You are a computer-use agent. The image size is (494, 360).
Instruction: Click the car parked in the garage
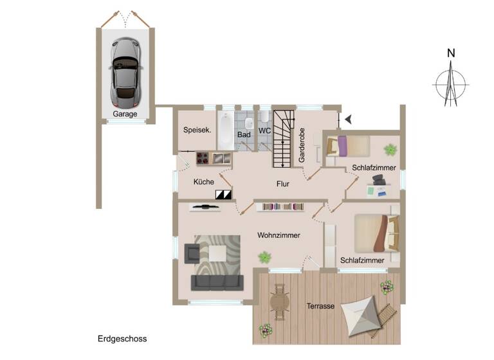coord(124,71)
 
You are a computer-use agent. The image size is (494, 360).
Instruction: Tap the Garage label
coord(125,114)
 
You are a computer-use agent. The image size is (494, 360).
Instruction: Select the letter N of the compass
coord(452,53)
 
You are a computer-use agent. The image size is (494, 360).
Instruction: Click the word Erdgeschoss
coord(122,338)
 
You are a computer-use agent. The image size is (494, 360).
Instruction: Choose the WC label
coord(265,130)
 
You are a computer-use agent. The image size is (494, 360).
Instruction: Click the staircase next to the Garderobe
coord(283,138)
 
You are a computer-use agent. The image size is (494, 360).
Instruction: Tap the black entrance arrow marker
coord(348,119)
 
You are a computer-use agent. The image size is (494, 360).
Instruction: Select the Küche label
coord(203,182)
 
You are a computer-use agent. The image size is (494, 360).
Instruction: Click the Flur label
coord(282,184)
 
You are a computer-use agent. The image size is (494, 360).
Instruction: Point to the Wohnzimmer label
coord(279,235)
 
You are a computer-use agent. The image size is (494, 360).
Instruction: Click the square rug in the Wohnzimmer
coord(217,255)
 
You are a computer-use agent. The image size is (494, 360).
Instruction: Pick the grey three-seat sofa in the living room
coord(217,282)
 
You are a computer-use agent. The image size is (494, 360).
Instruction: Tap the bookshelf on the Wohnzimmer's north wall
coord(280,206)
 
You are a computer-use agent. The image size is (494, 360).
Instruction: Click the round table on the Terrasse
coord(280,301)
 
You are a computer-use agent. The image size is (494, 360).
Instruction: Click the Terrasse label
coord(320,307)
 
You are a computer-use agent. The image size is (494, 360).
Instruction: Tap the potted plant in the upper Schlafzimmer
coord(390,150)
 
